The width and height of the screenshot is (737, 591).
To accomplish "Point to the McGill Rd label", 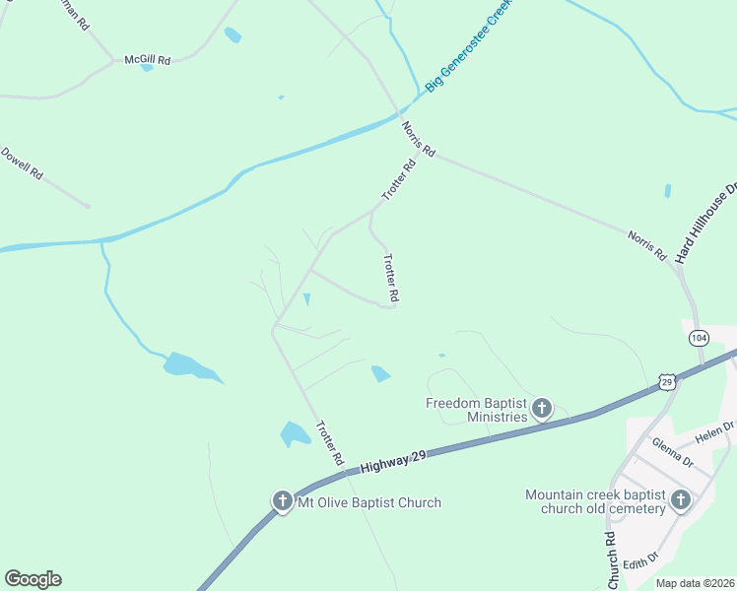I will pyautogui.click(x=147, y=60).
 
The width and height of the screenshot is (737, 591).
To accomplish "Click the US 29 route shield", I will pyautogui.click(x=668, y=381).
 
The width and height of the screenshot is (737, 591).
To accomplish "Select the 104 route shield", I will pyautogui.click(x=699, y=338).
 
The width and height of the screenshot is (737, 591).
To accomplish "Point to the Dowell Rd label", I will pyautogui.click(x=22, y=163).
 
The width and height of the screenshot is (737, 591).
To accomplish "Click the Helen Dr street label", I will pyautogui.click(x=715, y=430).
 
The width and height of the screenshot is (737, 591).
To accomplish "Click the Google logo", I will pyautogui.click(x=33, y=579).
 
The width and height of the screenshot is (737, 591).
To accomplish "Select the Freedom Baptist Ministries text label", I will pyautogui.click(x=477, y=410).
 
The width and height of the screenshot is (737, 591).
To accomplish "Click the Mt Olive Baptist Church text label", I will pyautogui.click(x=369, y=502).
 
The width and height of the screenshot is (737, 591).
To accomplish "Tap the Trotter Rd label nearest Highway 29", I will pyautogui.click(x=329, y=443).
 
